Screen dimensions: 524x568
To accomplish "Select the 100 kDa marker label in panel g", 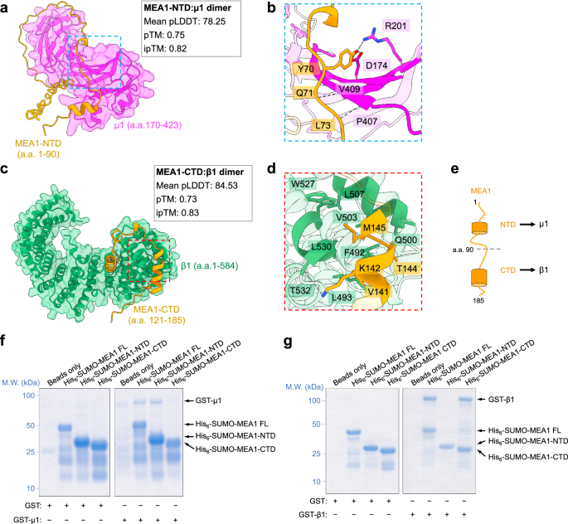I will (x=313, y=400).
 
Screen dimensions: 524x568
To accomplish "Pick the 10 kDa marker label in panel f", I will (x=28, y=488).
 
